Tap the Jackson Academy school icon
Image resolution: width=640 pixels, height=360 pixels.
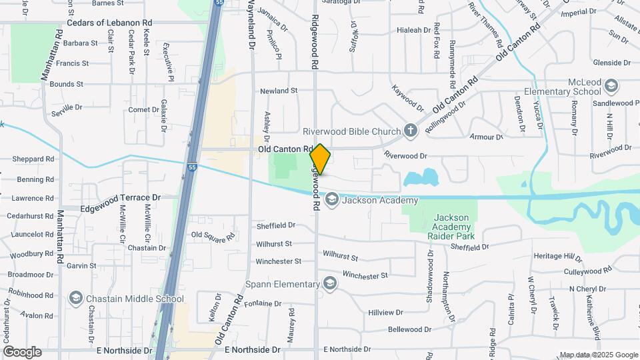click(x=331, y=199)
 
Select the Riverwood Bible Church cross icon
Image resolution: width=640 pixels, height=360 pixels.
click(x=411, y=131)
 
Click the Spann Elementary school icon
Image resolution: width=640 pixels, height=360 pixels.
click(x=329, y=284)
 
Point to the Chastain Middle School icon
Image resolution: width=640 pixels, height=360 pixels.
click(x=75, y=298)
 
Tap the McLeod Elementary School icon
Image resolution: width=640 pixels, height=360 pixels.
click(x=612, y=86)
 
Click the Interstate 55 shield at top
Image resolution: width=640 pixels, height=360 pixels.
click(x=219, y=3)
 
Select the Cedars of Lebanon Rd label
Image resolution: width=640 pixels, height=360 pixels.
click(x=109, y=23)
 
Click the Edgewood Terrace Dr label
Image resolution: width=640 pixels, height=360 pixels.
click(x=121, y=198)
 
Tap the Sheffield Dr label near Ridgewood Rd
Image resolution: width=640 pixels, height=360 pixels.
click(x=275, y=226)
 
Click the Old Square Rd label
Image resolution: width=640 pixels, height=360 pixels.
click(x=213, y=235)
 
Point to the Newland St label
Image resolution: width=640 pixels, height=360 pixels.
click(x=278, y=91)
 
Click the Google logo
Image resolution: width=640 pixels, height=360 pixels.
click(x=22, y=352)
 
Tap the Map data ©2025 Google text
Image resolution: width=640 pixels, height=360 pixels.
click(x=598, y=355)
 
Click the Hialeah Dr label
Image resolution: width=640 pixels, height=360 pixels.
click(x=413, y=30)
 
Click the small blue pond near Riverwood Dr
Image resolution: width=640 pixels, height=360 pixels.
click(x=421, y=177)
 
